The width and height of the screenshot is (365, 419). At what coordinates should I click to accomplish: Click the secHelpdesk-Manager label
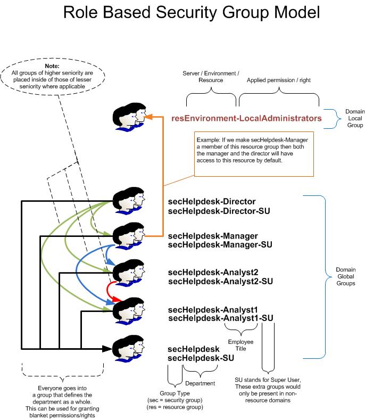pyautogui.click(x=213, y=236)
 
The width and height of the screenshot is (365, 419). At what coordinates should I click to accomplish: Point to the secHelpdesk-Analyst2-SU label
pyautogui.click(x=220, y=282)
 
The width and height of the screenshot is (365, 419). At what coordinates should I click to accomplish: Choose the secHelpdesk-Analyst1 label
pyautogui.click(x=213, y=309)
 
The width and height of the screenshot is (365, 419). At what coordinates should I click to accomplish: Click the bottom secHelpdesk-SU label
pyautogui.click(x=201, y=358)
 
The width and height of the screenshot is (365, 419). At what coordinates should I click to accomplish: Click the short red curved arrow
pyautogui.click(x=110, y=292)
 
